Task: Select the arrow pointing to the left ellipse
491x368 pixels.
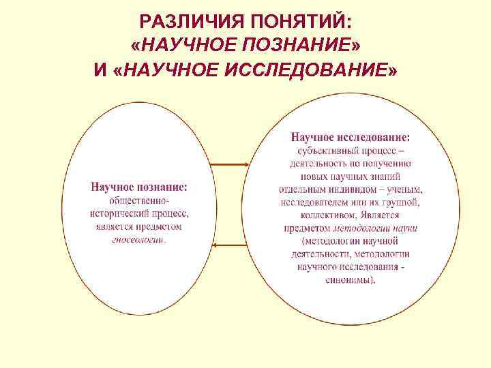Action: [229, 244]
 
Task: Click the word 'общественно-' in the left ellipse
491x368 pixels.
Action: [140, 201]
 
